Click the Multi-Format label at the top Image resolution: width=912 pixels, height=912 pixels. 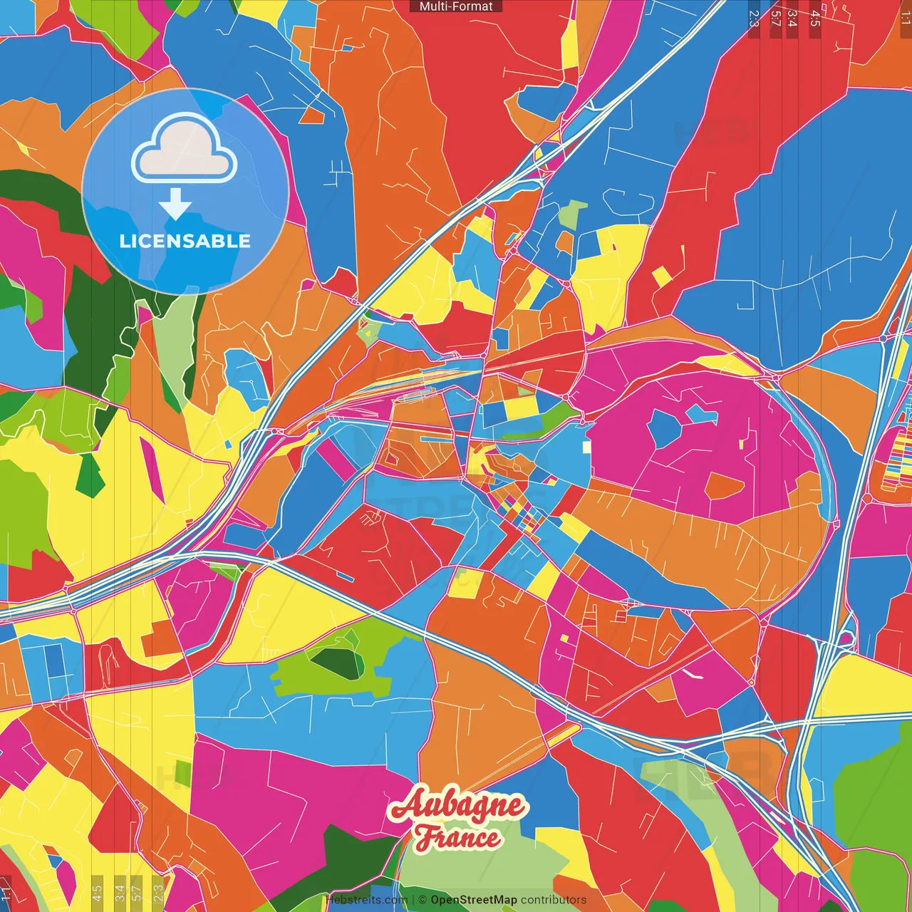point(456,6)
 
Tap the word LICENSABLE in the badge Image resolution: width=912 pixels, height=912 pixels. point(185,241)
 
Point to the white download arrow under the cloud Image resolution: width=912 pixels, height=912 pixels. point(175,205)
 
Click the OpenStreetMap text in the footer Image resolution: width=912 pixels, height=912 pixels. point(473,900)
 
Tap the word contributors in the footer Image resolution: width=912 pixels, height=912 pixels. point(553,900)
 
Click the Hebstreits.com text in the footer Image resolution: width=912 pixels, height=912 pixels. point(366,900)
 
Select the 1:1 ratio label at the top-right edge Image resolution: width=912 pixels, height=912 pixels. point(905,18)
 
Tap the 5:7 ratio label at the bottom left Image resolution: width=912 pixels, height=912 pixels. point(137,891)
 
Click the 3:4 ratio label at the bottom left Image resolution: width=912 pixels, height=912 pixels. point(119,891)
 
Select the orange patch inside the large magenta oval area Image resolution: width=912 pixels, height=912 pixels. point(724,486)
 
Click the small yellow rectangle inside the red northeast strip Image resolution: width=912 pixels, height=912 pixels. point(662,276)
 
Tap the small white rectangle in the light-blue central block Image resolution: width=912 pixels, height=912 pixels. point(586,447)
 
